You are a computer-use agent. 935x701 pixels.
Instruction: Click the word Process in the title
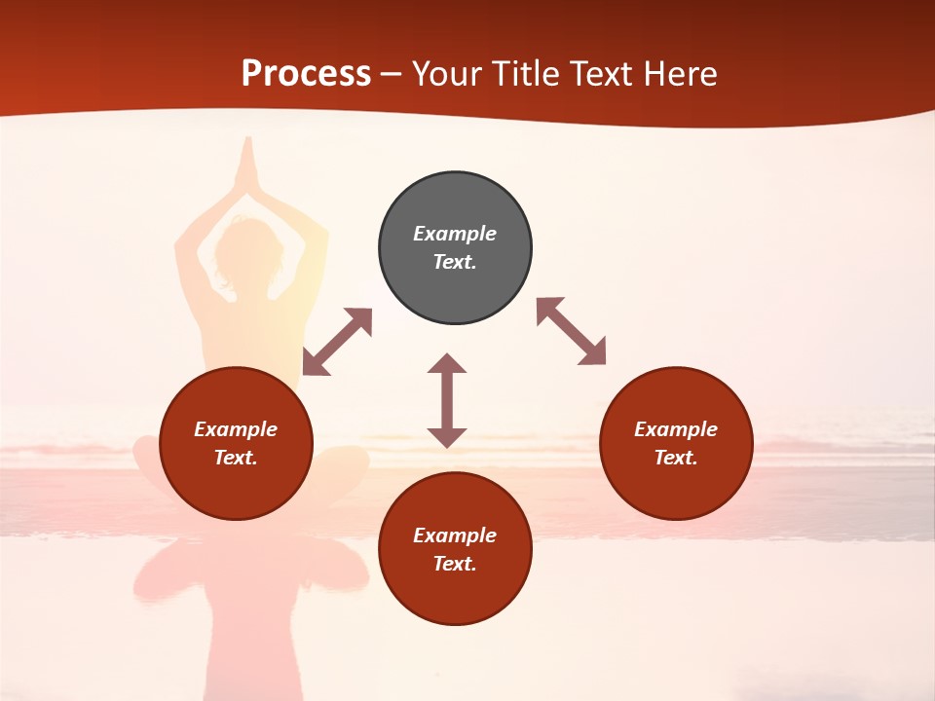[x=306, y=74]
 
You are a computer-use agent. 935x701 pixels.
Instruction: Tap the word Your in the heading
[x=448, y=74]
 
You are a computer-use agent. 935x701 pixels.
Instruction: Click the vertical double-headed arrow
[x=447, y=400]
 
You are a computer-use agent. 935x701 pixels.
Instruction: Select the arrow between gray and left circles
[x=337, y=342]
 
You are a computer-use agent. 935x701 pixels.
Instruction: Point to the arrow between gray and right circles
[x=571, y=331]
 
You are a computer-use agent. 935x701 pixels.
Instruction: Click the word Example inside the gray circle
[x=455, y=234]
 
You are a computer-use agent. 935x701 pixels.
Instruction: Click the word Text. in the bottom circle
[x=455, y=564]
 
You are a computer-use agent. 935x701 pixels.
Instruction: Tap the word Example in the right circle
[x=676, y=429]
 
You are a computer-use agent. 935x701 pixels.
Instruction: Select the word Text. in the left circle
[x=236, y=458]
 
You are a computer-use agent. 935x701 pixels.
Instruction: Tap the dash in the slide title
[x=392, y=75]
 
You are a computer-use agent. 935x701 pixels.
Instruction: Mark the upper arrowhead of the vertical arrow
[x=447, y=364]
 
